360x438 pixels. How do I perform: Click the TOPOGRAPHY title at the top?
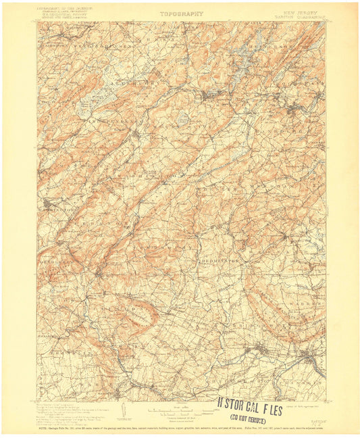pos(180,13)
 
